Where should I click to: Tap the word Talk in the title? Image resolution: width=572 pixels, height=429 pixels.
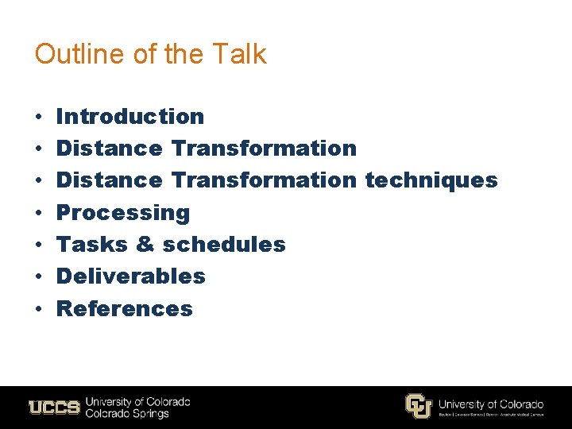click(241, 54)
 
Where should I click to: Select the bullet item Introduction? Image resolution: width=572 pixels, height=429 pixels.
click(130, 116)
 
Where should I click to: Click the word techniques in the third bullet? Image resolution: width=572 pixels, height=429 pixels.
click(431, 180)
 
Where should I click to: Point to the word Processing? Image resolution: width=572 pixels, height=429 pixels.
click(123, 212)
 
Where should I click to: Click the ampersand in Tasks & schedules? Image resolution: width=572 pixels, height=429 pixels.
click(145, 244)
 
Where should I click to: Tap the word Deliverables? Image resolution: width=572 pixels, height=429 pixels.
click(131, 276)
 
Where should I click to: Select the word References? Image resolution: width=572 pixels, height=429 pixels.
click(125, 308)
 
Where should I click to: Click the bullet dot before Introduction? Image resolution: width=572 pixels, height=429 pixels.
click(38, 117)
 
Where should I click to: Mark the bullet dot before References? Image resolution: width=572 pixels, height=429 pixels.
click(38, 309)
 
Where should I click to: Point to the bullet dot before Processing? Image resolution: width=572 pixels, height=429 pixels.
click(38, 213)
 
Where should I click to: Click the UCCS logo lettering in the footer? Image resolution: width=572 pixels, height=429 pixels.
click(54, 408)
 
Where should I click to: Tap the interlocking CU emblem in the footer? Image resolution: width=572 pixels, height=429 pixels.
click(418, 406)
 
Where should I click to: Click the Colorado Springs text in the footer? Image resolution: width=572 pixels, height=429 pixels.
click(127, 414)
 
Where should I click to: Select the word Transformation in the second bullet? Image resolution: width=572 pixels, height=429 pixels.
click(264, 149)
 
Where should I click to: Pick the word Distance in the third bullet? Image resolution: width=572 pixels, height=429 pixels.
click(110, 180)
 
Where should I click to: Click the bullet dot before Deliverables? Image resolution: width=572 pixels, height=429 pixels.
click(38, 277)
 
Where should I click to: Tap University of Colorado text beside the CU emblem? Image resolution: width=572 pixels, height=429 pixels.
click(490, 404)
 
